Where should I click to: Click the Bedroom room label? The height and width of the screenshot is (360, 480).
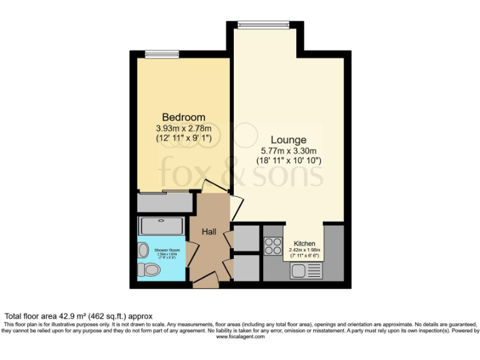pos(184,117)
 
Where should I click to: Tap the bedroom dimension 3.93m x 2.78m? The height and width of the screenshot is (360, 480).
pos(184,129)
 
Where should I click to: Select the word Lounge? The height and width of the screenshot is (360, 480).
pos(288,140)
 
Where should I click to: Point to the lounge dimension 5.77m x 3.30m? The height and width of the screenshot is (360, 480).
pos(288,151)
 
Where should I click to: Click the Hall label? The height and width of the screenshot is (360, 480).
pos(209,232)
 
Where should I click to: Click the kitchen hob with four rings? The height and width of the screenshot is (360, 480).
pos(273,246)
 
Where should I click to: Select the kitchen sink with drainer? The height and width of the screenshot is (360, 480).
pos(307,271)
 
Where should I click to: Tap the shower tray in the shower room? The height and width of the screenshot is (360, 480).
pos(161,226)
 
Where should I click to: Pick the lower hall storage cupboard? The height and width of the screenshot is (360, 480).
pos(245,267)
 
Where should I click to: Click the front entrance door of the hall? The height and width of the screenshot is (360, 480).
pos(206,282)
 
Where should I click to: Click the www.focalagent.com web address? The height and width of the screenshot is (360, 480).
pos(241,336)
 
